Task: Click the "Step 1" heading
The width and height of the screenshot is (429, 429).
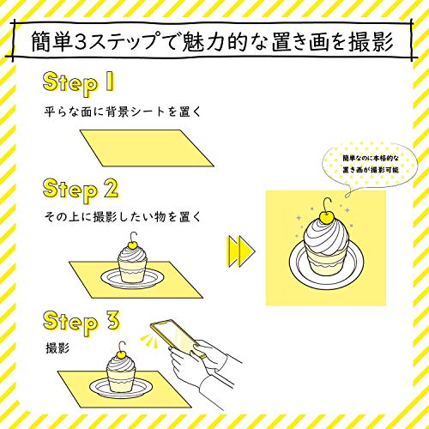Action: point(79,83)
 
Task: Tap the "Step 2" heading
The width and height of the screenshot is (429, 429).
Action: point(81,190)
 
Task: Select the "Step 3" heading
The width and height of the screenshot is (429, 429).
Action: point(81,322)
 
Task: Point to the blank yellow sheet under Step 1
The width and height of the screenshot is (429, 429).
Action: point(147,148)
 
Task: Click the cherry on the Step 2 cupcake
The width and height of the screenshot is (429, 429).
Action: point(132,245)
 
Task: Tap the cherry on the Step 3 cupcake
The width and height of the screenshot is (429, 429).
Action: point(120,354)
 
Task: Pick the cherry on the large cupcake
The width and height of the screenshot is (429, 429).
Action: point(325,218)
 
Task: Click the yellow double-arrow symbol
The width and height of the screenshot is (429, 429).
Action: point(241,251)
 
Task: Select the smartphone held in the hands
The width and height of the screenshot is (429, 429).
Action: point(177,338)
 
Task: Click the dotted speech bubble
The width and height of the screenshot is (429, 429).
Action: point(370,166)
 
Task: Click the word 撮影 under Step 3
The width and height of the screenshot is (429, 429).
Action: point(57,348)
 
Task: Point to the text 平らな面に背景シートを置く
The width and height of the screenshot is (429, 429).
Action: point(123,112)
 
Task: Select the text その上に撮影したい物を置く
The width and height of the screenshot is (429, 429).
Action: point(123,217)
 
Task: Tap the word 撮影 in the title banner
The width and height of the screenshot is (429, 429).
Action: point(371,42)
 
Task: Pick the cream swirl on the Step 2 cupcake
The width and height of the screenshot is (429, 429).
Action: point(132,255)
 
